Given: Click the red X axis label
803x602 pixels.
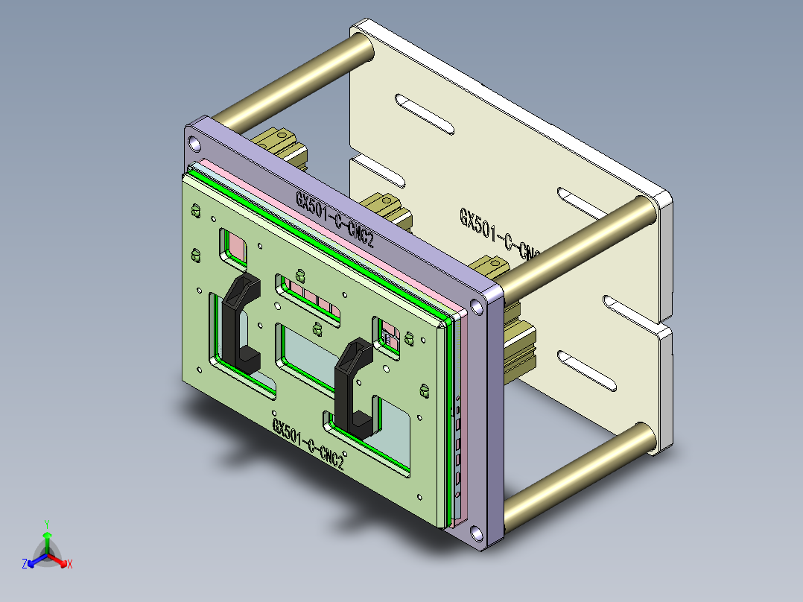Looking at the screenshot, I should pyautogui.click(x=70, y=564).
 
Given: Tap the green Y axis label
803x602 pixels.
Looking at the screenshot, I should pyautogui.click(x=46, y=523).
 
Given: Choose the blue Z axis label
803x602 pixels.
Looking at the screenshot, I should pyautogui.click(x=25, y=564).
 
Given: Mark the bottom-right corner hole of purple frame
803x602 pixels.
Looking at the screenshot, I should pyautogui.click(x=475, y=533).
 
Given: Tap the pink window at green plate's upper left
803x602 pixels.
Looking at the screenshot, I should pyautogui.click(x=236, y=244).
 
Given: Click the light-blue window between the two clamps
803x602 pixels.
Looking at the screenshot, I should pyautogui.click(x=310, y=353).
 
